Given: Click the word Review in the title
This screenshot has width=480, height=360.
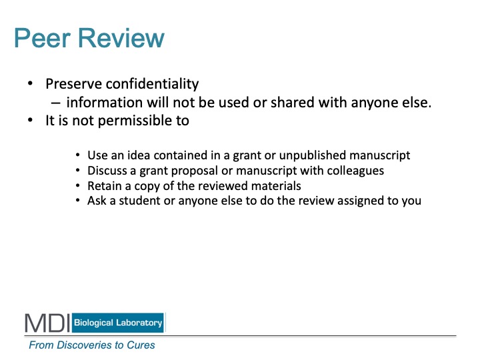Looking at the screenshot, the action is [x=121, y=38].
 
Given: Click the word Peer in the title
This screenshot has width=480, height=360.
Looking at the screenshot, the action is [x=43, y=38].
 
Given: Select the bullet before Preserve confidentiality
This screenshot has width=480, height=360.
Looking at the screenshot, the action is [x=30, y=83].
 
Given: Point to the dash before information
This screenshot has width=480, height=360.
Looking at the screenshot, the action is [x=55, y=103].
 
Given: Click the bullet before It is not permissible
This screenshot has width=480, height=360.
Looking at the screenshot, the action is [x=30, y=120].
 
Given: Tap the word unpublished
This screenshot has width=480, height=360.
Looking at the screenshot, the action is [x=312, y=155].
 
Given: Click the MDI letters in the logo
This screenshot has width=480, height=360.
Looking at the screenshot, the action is [x=47, y=323].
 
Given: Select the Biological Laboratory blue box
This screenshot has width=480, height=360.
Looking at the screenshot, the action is [x=118, y=323].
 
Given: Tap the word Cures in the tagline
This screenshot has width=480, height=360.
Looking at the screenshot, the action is [x=141, y=345].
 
